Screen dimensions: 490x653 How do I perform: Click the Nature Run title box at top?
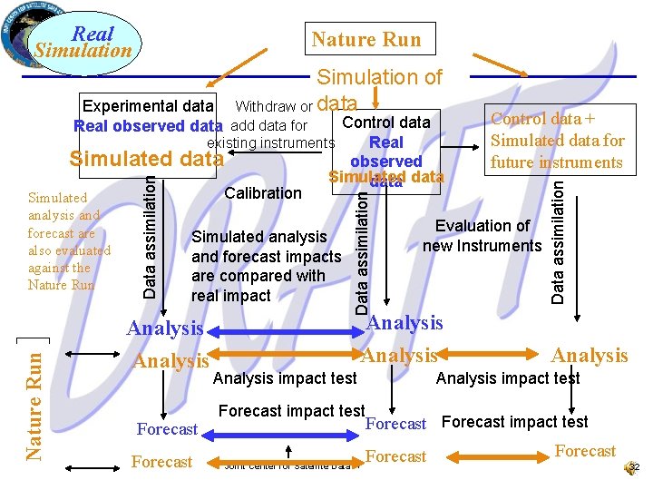(x=366, y=39)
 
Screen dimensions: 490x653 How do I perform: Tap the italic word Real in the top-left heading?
(x=93, y=34)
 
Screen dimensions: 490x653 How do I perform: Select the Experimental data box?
(x=149, y=107)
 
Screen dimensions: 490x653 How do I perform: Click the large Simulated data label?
(x=146, y=158)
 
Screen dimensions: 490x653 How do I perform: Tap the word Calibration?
(x=263, y=192)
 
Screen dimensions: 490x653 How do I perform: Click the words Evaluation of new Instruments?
(x=482, y=236)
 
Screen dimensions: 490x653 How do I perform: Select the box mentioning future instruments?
(x=557, y=141)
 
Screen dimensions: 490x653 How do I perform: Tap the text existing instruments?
(x=271, y=143)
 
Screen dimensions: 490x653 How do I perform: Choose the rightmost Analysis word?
(x=590, y=356)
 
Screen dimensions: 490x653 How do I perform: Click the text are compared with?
(x=258, y=276)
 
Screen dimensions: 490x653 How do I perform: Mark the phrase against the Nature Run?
(x=62, y=276)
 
